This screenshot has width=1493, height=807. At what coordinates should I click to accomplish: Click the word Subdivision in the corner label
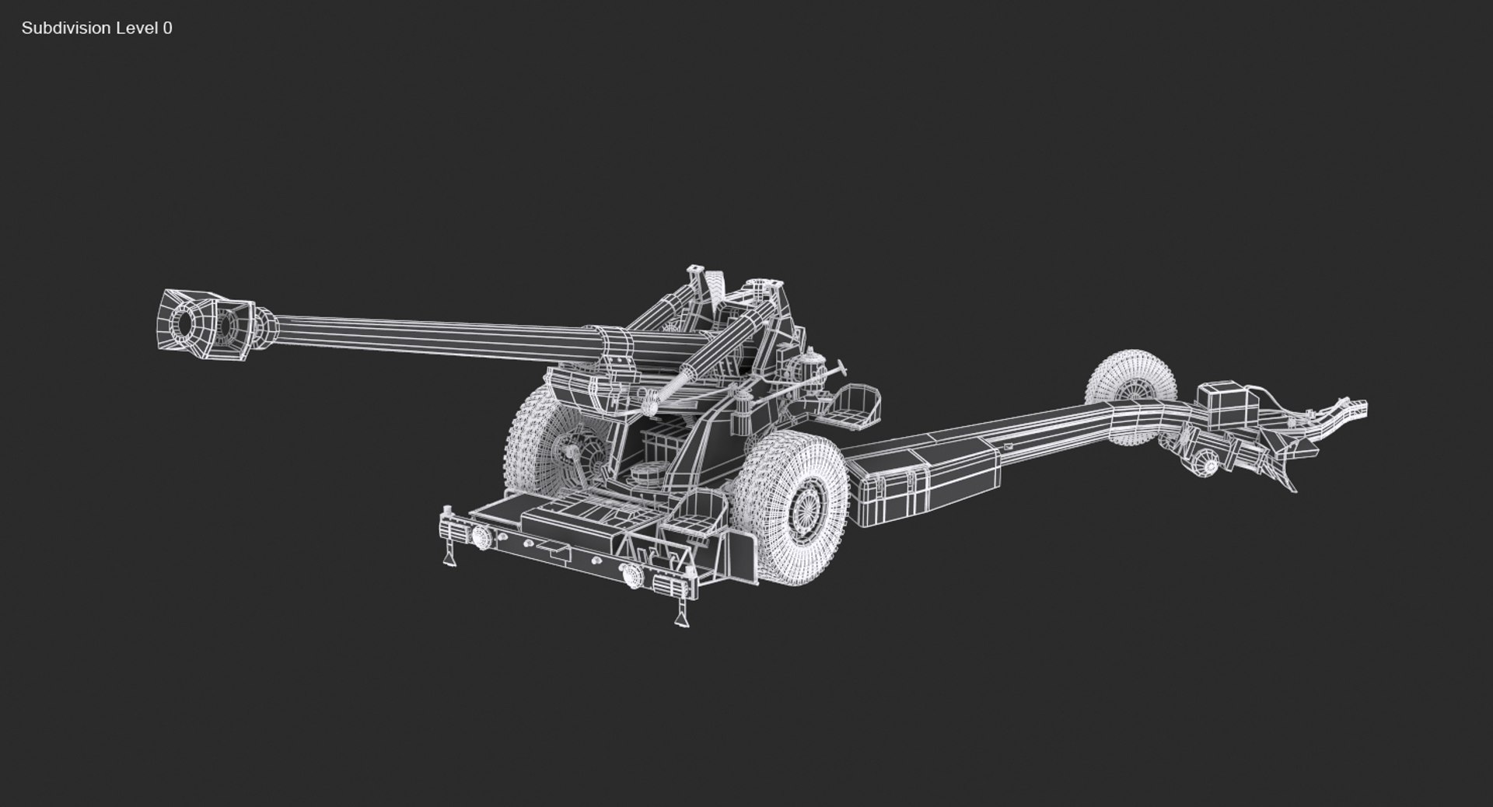click(x=66, y=28)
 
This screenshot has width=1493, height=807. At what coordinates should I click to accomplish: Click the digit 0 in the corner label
click(x=168, y=28)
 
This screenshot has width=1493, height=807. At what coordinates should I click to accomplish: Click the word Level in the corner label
click(x=136, y=28)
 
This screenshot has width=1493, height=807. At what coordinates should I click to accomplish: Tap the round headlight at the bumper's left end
click(x=480, y=536)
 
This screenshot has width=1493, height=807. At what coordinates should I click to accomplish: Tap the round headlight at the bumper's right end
click(x=631, y=575)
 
